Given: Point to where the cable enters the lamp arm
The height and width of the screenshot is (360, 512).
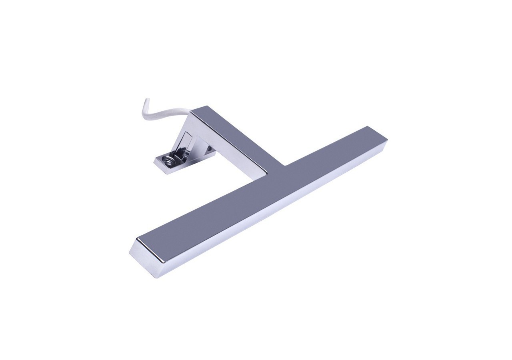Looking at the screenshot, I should click(x=188, y=114).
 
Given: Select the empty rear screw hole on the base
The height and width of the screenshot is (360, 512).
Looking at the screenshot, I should click(x=208, y=150).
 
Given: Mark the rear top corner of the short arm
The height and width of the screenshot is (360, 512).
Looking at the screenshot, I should click(x=207, y=106).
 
